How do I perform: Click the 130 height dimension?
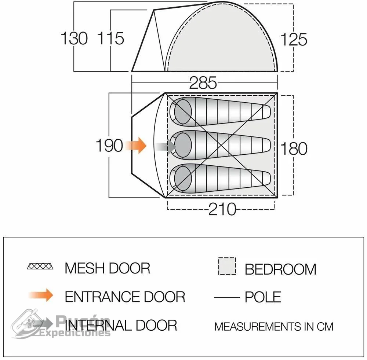pyautogui.click(x=74, y=38)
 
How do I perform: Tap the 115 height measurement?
pyautogui.click(x=111, y=38)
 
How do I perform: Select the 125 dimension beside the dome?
pyautogui.click(x=294, y=40)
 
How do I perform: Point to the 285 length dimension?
pyautogui.click(x=203, y=83)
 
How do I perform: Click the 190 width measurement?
pyautogui.click(x=109, y=146)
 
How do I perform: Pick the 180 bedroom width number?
pyautogui.click(x=294, y=148)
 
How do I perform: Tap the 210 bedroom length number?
pyautogui.click(x=222, y=209)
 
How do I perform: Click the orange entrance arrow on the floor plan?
pyautogui.click(x=136, y=146)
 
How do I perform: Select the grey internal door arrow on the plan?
pyautogui.click(x=165, y=147)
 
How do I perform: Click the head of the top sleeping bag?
pyautogui.click(x=183, y=111)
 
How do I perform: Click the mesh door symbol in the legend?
pyautogui.click(x=40, y=266)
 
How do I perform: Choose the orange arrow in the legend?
pyautogui.click(x=41, y=295)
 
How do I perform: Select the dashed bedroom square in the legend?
pyautogui.click(x=227, y=266)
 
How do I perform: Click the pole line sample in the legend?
pyautogui.click(x=227, y=298)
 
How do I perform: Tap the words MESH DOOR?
pyautogui.click(x=108, y=268)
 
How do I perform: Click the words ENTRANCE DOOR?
pyautogui.click(x=125, y=297)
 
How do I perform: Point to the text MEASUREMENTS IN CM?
pyautogui.click(x=274, y=327)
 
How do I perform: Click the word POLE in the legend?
pyautogui.click(x=263, y=297)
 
